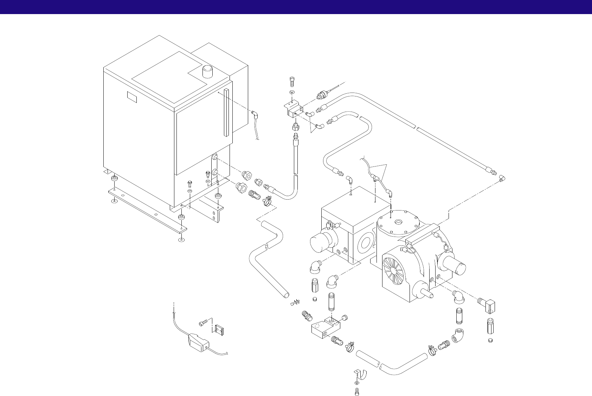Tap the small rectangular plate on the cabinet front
coord(132,97)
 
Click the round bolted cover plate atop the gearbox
coord(399,222)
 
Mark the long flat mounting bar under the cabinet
coord(148,209)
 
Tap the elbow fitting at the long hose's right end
coord(502,180)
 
